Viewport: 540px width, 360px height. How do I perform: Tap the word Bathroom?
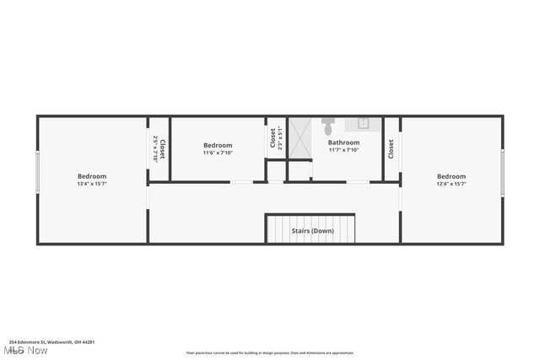(343, 142)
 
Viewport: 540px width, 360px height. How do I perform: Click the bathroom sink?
(364, 123)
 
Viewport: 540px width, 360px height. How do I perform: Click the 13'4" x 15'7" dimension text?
(92, 183)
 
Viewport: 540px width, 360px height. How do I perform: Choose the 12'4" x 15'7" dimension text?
(451, 183)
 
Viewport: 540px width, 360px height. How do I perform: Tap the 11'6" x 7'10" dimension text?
(218, 153)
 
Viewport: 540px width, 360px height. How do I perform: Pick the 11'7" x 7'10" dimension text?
(343, 150)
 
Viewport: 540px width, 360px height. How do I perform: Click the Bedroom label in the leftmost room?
(92, 175)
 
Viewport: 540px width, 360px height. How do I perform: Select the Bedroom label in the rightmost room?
(451, 175)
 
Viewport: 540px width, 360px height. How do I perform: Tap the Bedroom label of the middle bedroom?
(218, 145)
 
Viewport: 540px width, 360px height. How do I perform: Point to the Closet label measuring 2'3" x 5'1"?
(273, 137)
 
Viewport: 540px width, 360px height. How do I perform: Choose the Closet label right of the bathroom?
(391, 149)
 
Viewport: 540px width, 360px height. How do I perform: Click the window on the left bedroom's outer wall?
(37, 173)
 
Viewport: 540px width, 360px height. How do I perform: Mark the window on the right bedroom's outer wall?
(503, 173)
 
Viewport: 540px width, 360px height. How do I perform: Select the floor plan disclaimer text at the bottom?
(270, 353)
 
